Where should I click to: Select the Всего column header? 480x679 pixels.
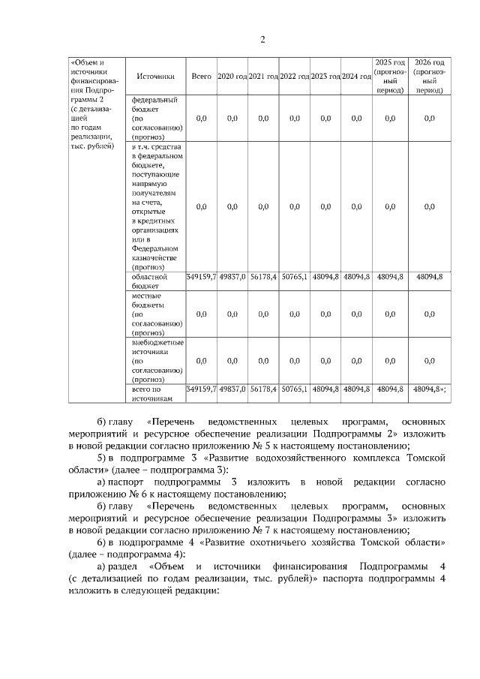point(201,77)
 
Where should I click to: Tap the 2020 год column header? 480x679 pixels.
point(232,77)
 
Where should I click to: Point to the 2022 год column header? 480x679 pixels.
point(294,77)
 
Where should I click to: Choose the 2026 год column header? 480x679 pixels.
point(429,75)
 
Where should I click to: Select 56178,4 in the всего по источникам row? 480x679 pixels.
point(263,389)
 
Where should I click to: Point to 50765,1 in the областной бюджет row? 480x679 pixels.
point(294,277)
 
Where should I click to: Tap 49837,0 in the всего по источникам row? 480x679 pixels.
point(232,389)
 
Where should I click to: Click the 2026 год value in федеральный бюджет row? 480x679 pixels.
point(429,118)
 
